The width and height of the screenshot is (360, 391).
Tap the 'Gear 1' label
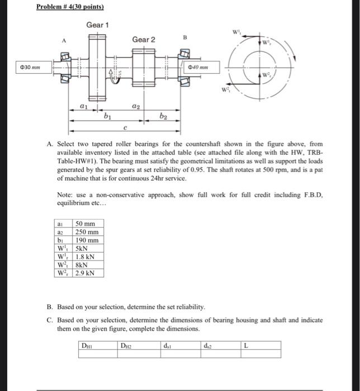[97, 26]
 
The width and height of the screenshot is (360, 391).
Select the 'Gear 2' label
[144, 39]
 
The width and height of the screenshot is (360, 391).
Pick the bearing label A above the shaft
[65, 40]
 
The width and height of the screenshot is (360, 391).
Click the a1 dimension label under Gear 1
[84, 104]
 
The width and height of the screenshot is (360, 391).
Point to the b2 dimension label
[163, 117]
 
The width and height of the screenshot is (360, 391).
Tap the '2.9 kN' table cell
[85, 274]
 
